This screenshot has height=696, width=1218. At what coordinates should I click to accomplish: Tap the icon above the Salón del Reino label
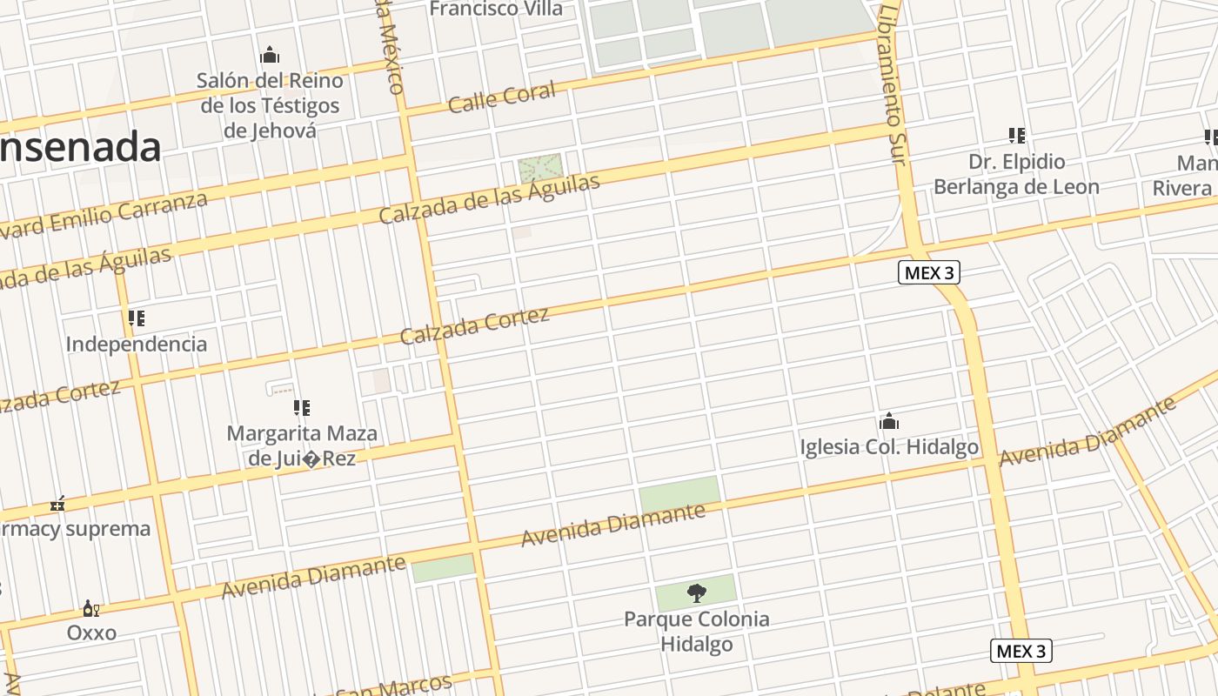(x=270, y=56)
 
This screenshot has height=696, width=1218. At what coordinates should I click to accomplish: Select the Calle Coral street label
(x=502, y=97)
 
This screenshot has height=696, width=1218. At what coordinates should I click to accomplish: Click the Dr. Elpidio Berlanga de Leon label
(x=1016, y=174)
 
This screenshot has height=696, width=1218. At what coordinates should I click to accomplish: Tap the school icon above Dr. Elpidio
(x=1016, y=136)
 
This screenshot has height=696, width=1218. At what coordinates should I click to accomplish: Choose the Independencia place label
(x=137, y=344)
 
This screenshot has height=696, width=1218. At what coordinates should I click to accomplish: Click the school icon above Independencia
(x=136, y=318)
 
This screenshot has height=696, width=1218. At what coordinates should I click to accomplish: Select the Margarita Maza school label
(x=302, y=445)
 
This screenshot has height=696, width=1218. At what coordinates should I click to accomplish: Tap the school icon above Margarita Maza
(x=301, y=408)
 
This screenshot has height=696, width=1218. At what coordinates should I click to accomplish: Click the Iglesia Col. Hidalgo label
(x=889, y=447)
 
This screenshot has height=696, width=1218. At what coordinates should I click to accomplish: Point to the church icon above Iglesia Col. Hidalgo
(x=888, y=422)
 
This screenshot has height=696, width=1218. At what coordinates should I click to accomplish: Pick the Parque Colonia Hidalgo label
(x=696, y=632)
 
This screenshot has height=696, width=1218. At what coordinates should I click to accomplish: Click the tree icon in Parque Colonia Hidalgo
(x=696, y=593)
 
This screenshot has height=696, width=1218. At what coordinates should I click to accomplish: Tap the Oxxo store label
(x=91, y=632)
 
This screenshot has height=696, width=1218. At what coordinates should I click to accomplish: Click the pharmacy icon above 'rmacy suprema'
(x=57, y=504)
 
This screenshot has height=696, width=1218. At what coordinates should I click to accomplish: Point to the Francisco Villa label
(x=497, y=10)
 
